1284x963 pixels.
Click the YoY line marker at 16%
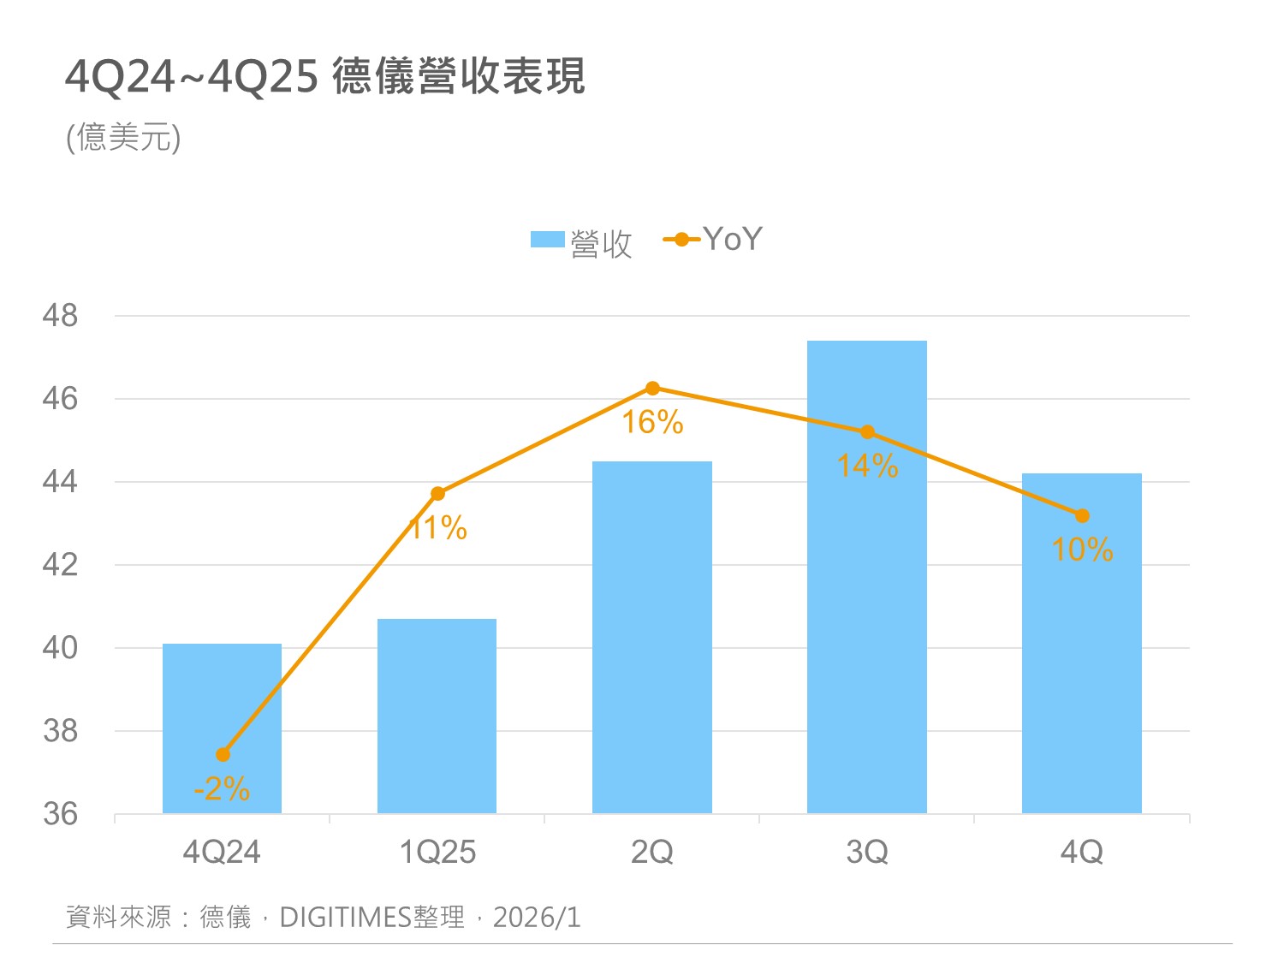click(652, 389)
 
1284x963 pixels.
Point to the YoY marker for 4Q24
click(223, 754)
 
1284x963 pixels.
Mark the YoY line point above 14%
click(867, 432)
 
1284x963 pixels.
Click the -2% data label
click(222, 788)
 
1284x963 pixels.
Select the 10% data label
click(1082, 550)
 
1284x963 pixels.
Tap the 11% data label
click(437, 528)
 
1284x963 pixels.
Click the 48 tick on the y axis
click(60, 316)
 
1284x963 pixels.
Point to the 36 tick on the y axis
click(60, 814)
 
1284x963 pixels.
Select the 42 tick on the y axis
click(60, 565)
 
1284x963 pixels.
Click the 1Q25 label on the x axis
click(437, 853)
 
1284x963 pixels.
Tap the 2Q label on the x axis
click(652, 853)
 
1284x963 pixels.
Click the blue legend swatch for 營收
click(547, 240)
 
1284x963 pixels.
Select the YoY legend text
click(732, 240)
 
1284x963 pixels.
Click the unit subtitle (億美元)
click(123, 137)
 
